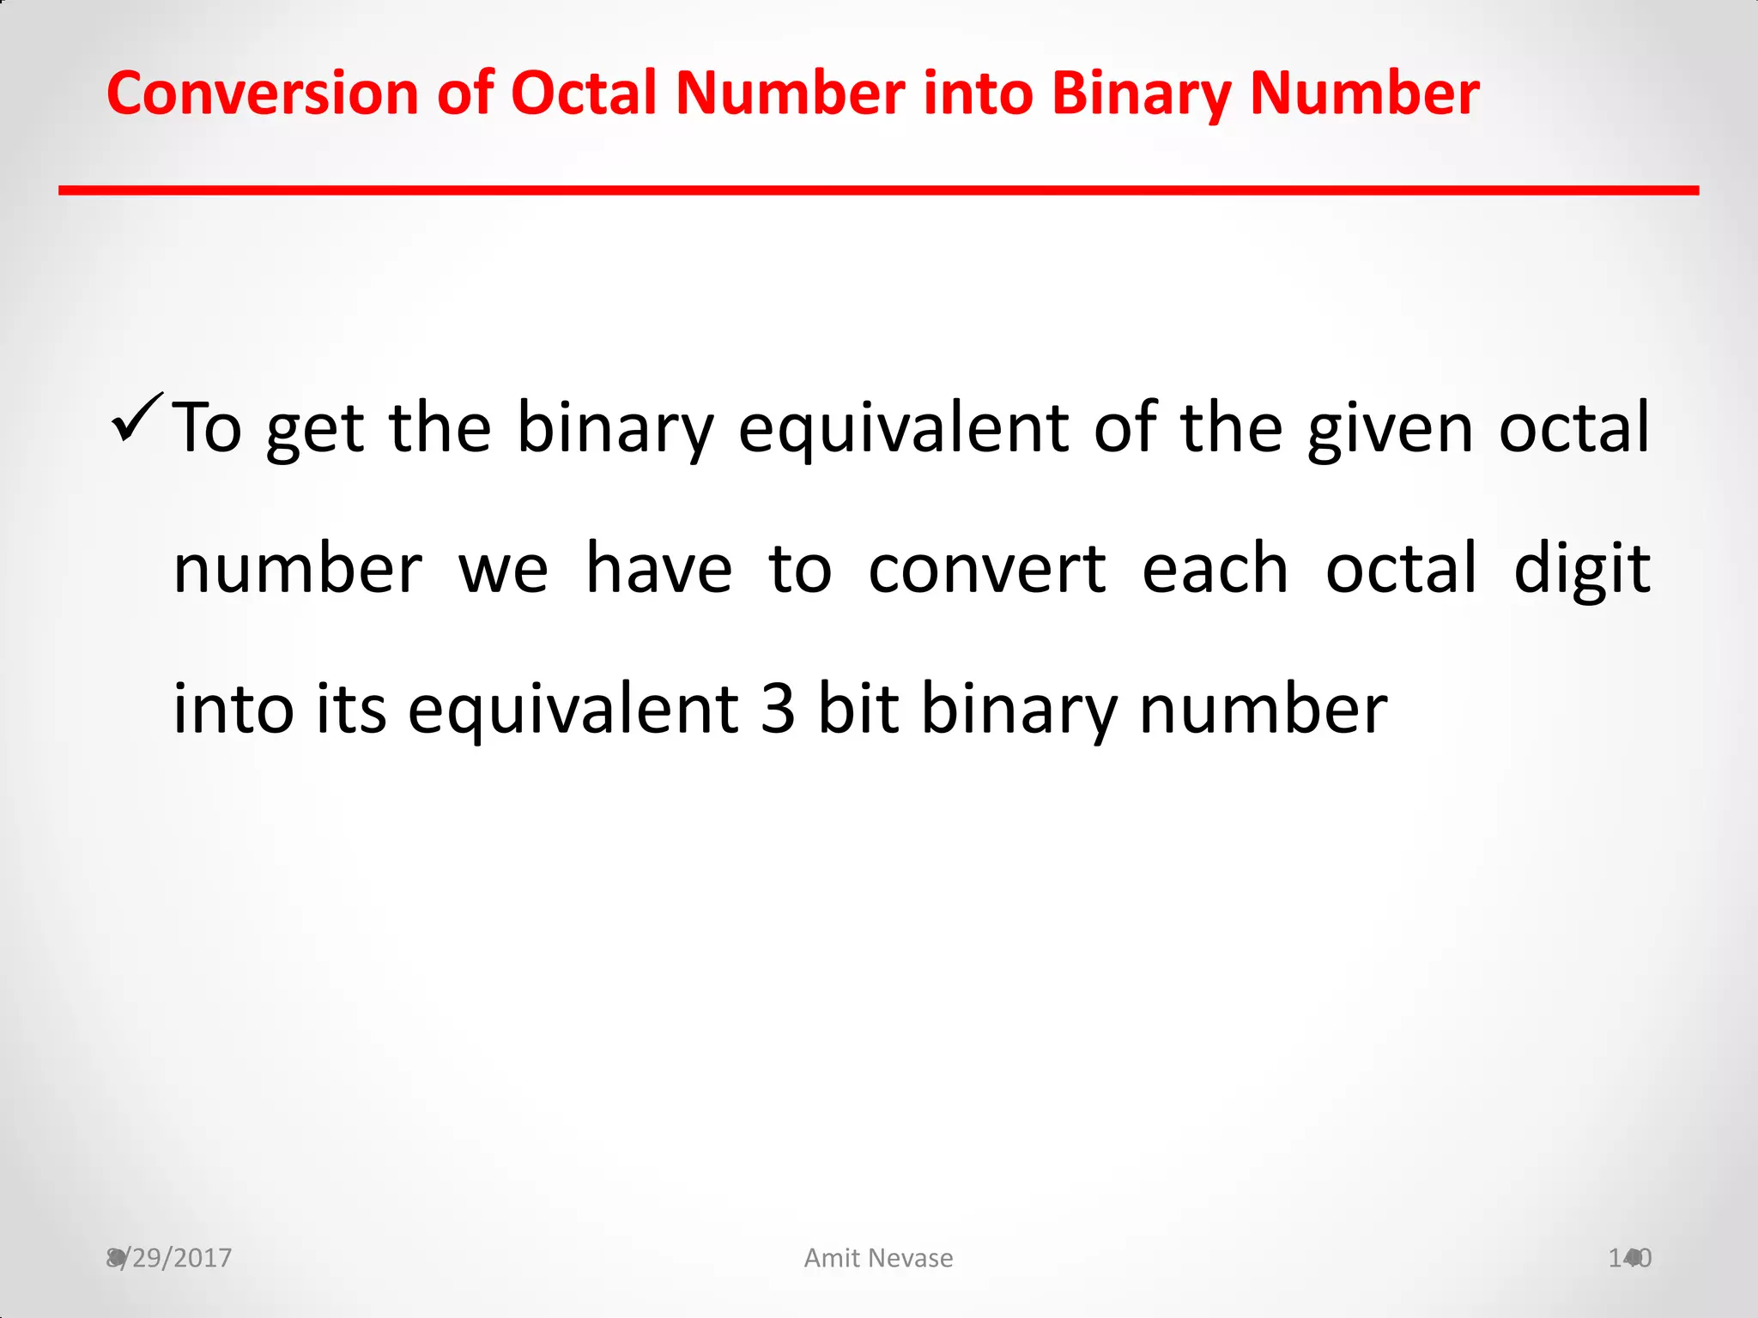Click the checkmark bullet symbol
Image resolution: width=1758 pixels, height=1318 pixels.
point(136,417)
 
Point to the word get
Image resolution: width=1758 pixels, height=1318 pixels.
point(315,429)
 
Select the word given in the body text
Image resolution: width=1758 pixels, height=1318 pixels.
point(1391,429)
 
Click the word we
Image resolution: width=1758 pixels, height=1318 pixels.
point(503,570)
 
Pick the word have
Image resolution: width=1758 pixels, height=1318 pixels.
point(658,570)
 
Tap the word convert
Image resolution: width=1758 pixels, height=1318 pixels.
point(987,570)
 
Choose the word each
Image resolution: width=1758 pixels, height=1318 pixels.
point(1215,570)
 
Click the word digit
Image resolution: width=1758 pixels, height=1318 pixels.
point(1581,570)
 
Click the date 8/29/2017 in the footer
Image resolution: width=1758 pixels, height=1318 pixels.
point(169,1258)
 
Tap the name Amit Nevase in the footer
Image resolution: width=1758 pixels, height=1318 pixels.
point(878,1258)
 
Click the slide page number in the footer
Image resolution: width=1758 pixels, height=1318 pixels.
point(1629,1258)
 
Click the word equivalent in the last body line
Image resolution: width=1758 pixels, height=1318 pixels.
point(573,710)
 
